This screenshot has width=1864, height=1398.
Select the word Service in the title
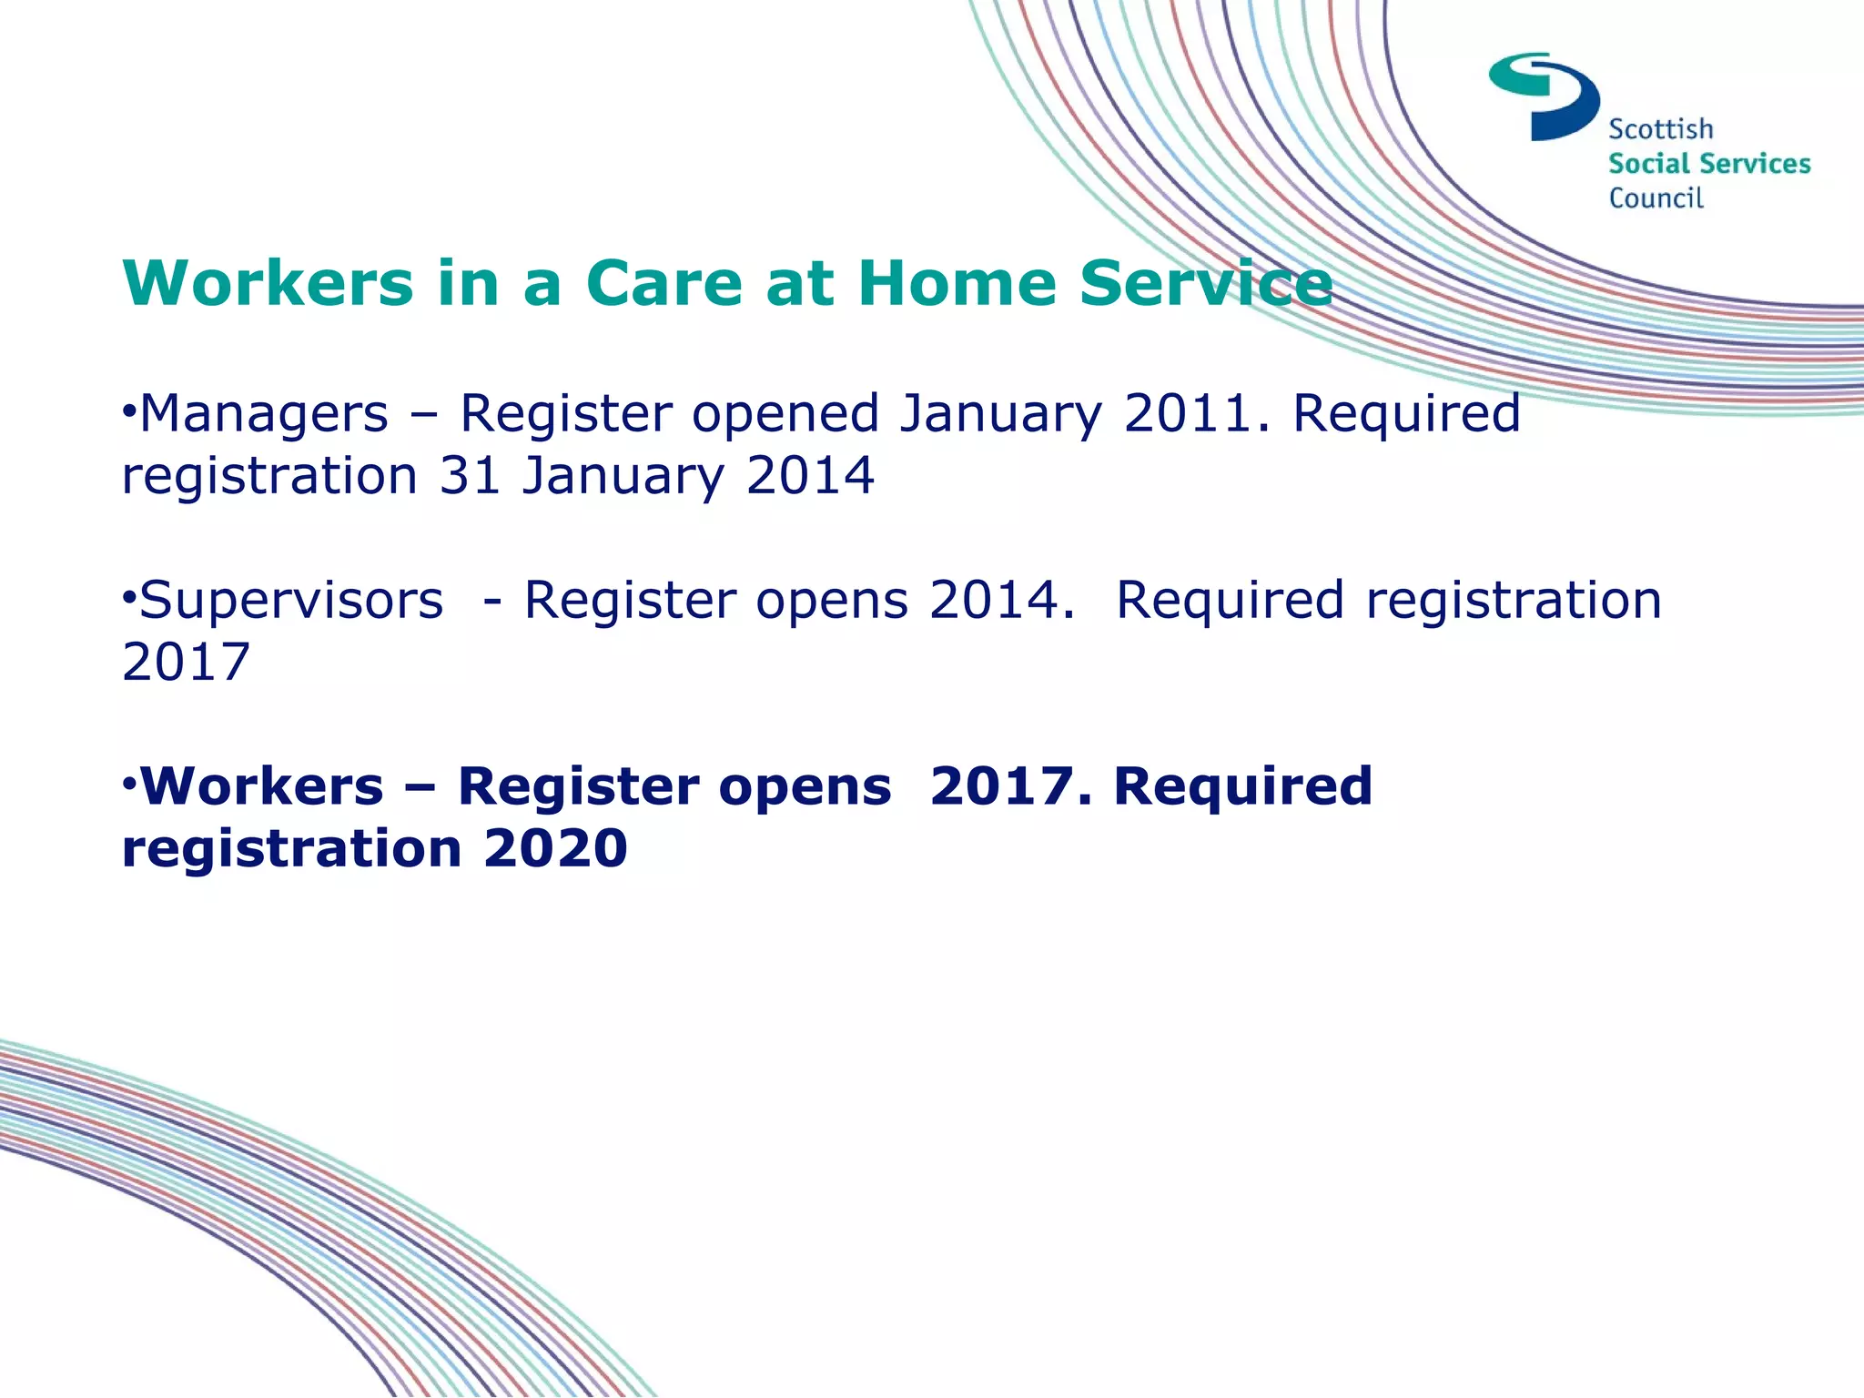tap(1206, 283)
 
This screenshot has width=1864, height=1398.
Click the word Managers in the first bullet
tap(264, 415)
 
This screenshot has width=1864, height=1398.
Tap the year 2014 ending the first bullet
tap(810, 476)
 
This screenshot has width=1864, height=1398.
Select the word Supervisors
tap(291, 601)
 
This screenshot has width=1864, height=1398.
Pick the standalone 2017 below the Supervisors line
tap(186, 663)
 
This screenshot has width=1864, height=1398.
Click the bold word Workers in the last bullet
tap(262, 786)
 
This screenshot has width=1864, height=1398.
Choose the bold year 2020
tap(555, 848)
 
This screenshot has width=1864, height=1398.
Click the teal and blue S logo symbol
tap(1544, 96)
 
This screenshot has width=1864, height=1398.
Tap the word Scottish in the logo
tap(1660, 129)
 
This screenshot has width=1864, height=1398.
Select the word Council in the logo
tap(1656, 198)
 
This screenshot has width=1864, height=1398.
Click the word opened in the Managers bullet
tap(785, 415)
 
